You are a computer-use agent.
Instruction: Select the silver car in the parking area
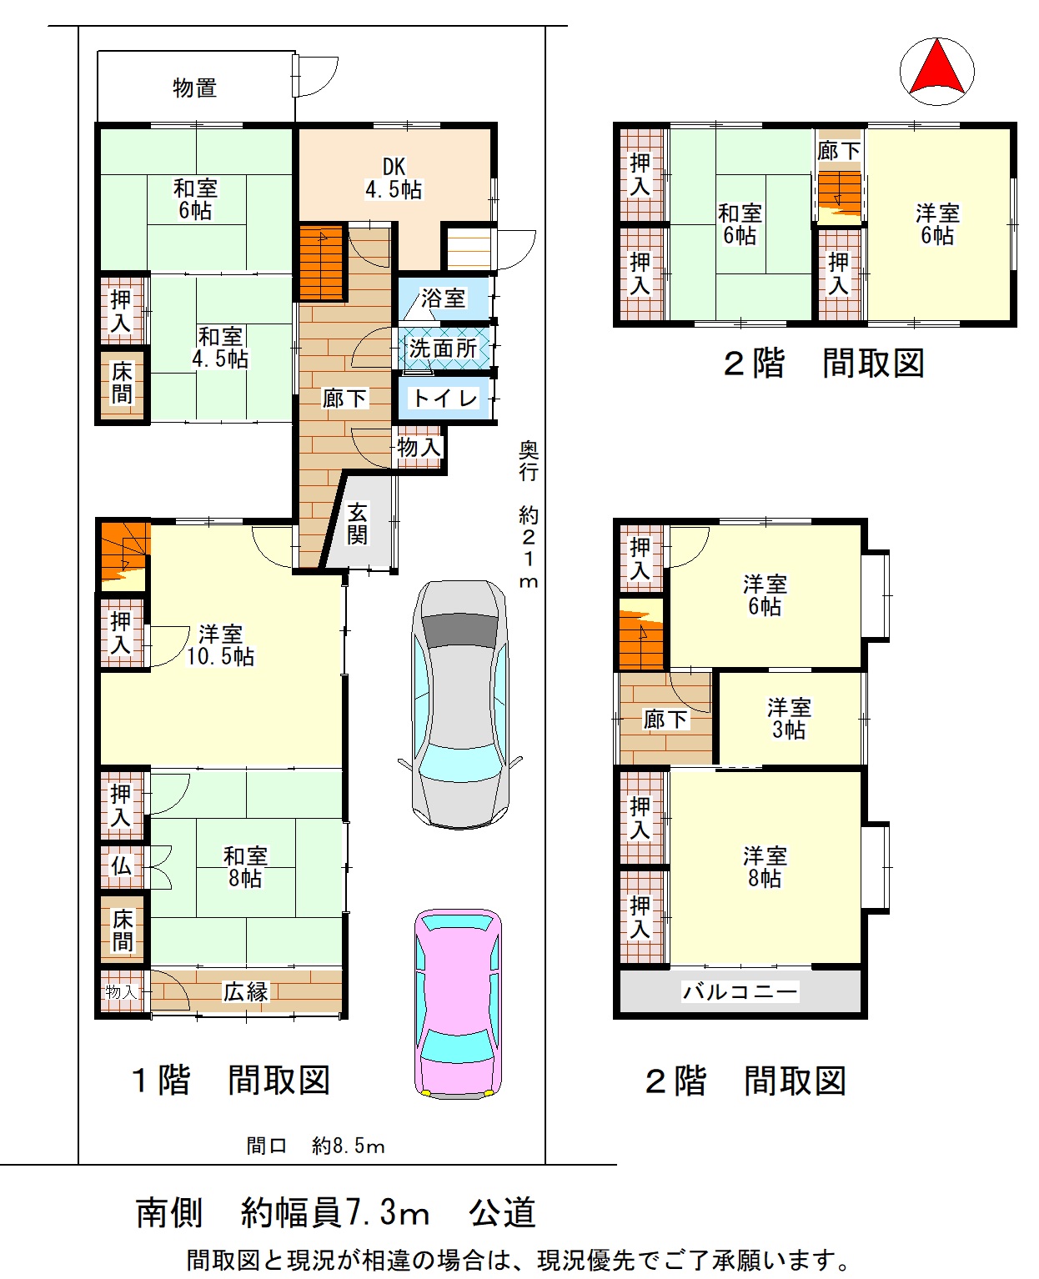pos(459,704)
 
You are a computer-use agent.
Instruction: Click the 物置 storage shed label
pos(194,88)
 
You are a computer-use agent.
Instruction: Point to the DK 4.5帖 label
pos(394,178)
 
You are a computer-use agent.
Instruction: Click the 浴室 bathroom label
pos(443,298)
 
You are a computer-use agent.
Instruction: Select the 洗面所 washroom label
pos(444,349)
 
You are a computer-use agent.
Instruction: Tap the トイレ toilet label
pos(445,398)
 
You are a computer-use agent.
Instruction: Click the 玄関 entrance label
pos(357,523)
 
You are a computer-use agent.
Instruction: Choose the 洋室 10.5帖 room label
pos(220,645)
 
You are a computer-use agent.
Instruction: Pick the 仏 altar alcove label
pos(121,865)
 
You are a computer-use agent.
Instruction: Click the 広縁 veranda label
pos(246,991)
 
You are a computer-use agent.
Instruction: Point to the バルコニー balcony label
pos(740,991)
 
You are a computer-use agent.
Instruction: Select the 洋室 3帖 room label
pos(789,718)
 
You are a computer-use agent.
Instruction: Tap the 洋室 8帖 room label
pos(765,867)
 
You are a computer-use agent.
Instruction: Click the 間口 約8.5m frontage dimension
pos(315,1146)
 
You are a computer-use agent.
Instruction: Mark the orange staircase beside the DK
pos(321,262)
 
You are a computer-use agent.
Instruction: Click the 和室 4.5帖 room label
pos(220,348)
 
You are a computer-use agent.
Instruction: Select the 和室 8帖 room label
pos(245,867)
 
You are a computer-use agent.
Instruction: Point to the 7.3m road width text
pos(388,1212)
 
